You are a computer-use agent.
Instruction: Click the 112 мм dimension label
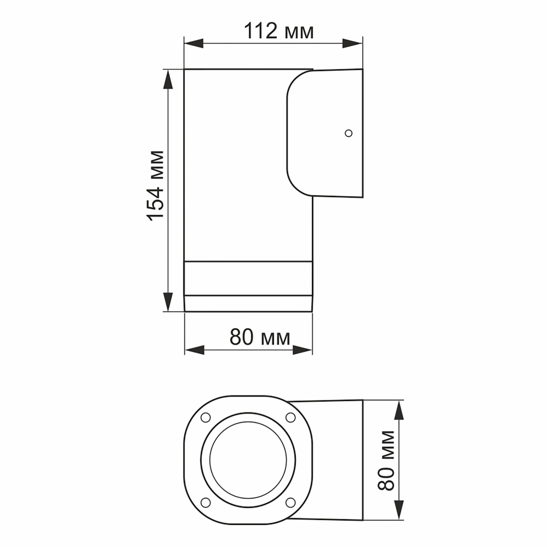[279, 32]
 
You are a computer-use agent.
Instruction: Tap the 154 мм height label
[156, 185]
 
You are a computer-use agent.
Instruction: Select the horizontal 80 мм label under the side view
[259, 338]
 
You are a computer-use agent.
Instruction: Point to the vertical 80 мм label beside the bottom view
[387, 460]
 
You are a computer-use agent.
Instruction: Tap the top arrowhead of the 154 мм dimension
[168, 79]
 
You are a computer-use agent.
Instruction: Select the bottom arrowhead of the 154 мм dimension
[168, 301]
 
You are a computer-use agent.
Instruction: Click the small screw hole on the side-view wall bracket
[348, 133]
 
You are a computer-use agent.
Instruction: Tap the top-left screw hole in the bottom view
[206, 417]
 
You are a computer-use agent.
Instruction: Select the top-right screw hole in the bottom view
[290, 417]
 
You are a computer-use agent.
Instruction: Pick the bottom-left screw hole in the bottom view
[206, 502]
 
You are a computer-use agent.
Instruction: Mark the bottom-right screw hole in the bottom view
[290, 502]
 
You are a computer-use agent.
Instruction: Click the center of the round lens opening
[248, 459]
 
